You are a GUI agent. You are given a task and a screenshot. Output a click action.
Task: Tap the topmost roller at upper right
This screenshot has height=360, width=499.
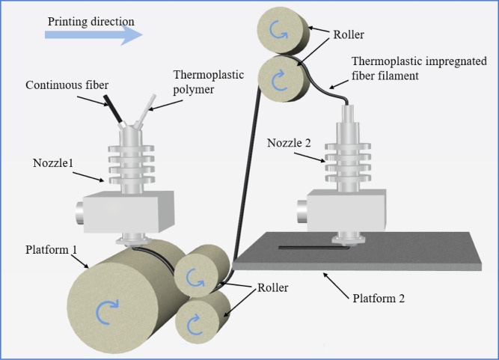(x=281, y=31)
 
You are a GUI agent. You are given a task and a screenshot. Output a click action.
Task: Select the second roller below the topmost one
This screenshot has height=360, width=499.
(x=281, y=79)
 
